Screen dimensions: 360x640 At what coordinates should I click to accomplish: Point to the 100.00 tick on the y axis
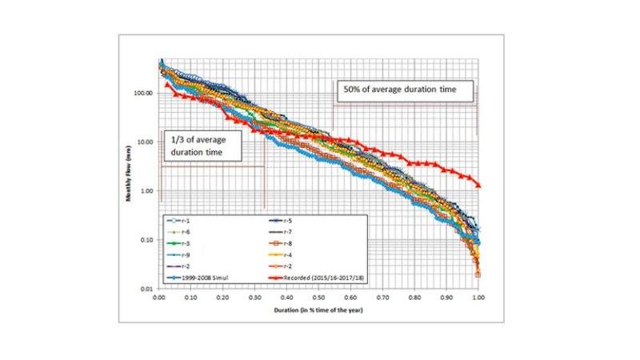pos(143,94)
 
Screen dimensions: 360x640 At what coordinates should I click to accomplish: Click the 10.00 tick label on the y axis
pos(145,142)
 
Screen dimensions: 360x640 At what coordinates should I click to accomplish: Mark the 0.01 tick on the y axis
pos(147,289)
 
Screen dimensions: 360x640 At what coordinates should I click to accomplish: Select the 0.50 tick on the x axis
pos(318,297)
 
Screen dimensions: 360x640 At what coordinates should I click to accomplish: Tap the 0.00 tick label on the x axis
pos(159,297)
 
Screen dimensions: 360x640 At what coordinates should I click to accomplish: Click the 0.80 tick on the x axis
pos(414,297)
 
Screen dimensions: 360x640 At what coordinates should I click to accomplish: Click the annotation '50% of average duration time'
pos(399,89)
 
